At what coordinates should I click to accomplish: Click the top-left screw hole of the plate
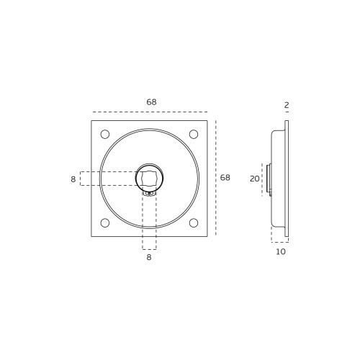pyautogui.click(x=105, y=134)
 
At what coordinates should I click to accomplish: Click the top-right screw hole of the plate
pyautogui.click(x=194, y=134)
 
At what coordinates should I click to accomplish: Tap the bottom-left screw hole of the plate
pyautogui.click(x=105, y=223)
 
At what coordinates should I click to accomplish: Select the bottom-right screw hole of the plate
pyautogui.click(x=194, y=223)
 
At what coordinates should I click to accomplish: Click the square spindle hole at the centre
pyautogui.click(x=149, y=179)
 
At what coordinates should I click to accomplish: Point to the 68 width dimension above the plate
pyautogui.click(x=151, y=102)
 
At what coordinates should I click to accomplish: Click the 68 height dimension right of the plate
pyautogui.click(x=225, y=178)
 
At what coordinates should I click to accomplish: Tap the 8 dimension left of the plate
pyautogui.click(x=73, y=179)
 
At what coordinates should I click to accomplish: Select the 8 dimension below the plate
pyautogui.click(x=149, y=257)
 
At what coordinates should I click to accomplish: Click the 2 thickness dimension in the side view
pyautogui.click(x=287, y=105)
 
